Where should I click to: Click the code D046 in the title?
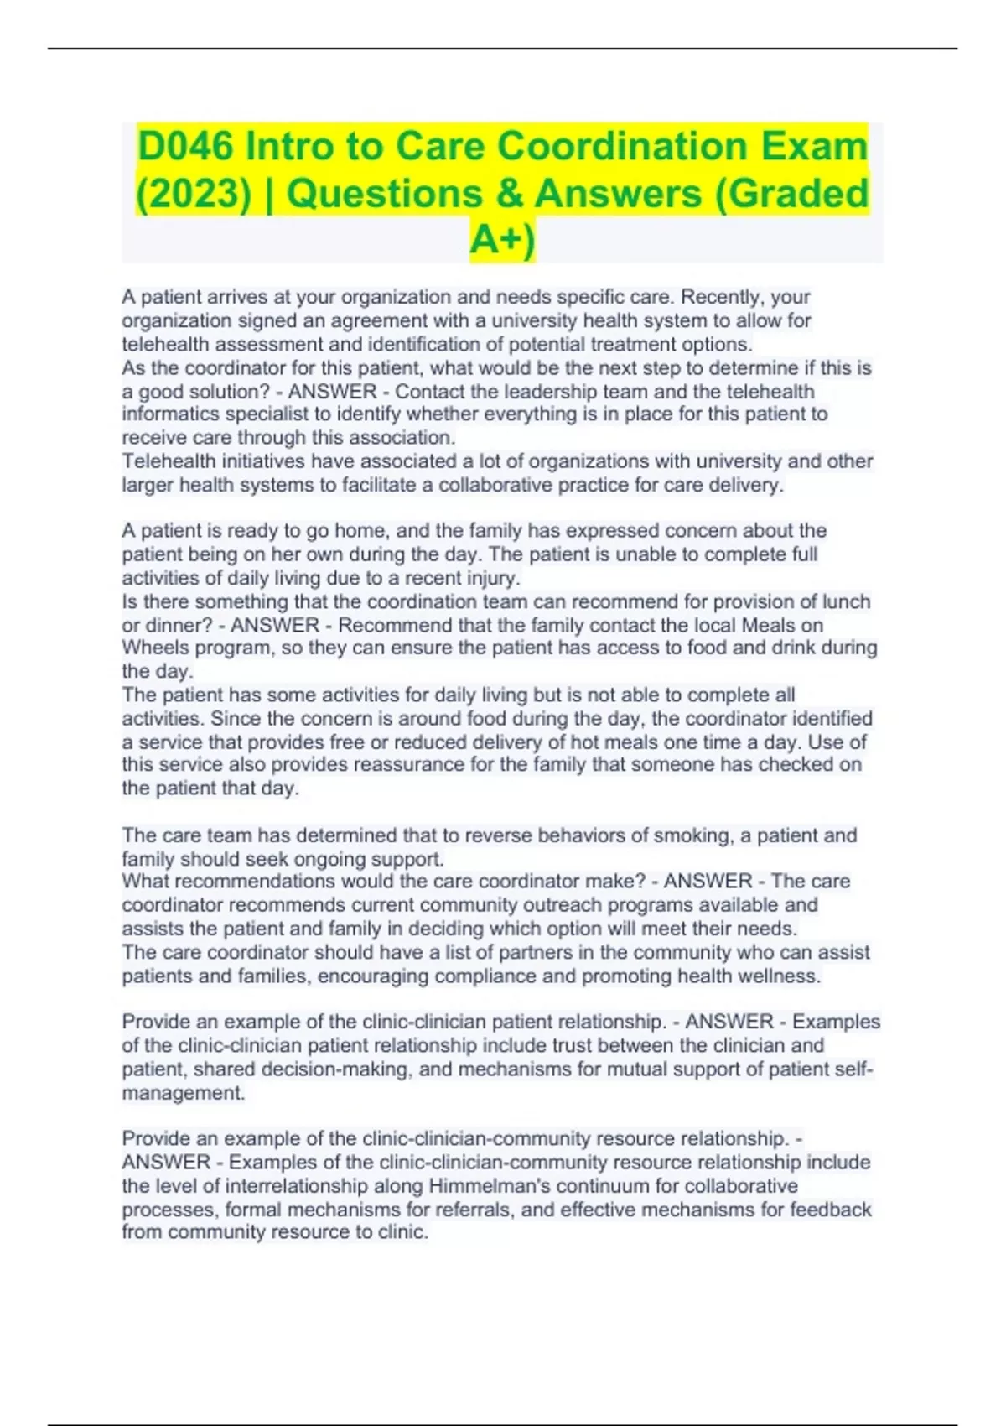click(x=185, y=147)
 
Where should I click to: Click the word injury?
click(x=492, y=578)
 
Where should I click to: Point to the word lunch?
click(x=847, y=601)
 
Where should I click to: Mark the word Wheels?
click(x=151, y=648)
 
